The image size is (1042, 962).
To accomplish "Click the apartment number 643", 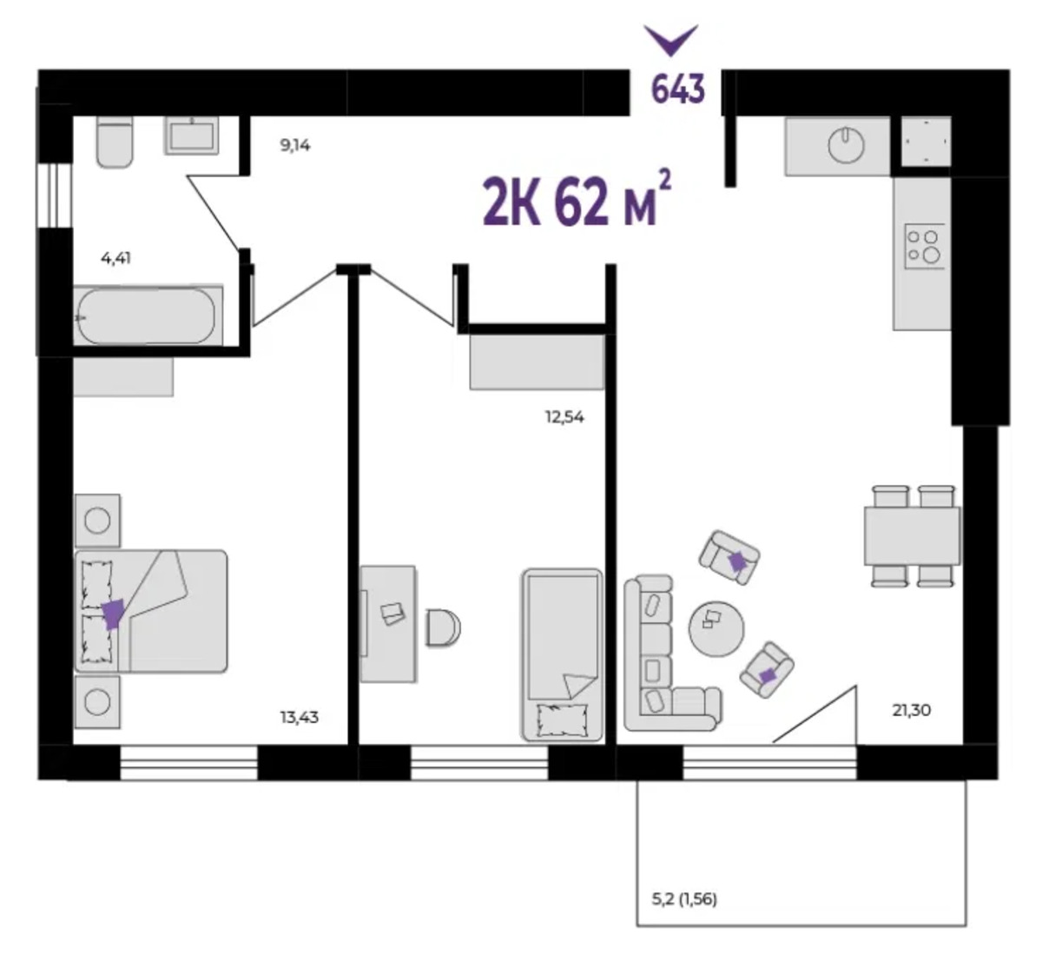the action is coord(677,89).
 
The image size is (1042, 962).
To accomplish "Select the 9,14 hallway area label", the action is coord(295,145).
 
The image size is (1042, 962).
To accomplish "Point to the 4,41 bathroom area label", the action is coord(115,258).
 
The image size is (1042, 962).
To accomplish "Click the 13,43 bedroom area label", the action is coord(299,717).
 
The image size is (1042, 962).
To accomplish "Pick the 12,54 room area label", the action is coord(564,417).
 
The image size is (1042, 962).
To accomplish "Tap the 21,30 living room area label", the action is coord(912,711).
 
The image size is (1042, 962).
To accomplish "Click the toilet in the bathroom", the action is coord(115,142).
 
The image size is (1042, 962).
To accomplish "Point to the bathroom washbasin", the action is coord(192,136).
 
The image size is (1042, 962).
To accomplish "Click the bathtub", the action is coord(148,315).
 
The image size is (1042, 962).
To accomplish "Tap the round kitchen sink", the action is coord(846,145).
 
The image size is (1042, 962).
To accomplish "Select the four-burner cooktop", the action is coord(925,246).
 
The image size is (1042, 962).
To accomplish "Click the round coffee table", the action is coord(716,629).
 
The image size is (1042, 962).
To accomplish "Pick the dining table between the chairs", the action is coord(912,535).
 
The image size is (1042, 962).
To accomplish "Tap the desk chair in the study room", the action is coord(443,627).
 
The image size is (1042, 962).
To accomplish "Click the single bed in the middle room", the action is coord(562,655).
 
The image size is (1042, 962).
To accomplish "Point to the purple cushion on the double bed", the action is coord(113,614).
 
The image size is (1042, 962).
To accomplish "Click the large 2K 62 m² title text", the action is coord(577,200).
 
